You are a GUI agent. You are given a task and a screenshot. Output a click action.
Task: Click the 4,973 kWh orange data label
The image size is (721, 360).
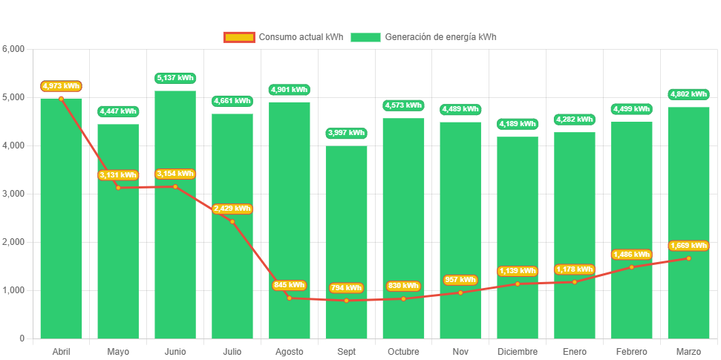[61, 86]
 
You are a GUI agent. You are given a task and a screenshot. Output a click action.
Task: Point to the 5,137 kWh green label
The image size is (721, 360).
[175, 78]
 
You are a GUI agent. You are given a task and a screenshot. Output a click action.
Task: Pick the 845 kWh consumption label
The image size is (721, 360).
[289, 285]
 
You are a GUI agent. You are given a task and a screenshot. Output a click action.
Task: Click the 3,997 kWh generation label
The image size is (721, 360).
[346, 133]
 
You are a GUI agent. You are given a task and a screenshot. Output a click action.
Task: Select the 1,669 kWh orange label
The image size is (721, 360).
[688, 246]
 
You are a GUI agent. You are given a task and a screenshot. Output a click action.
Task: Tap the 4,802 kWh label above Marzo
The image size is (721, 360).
[688, 94]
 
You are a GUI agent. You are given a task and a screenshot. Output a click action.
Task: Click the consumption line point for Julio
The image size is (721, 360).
[232, 221]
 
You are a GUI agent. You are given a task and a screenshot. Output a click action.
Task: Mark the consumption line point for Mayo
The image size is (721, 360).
[118, 187]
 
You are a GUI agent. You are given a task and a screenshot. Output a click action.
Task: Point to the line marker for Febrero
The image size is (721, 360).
[632, 267]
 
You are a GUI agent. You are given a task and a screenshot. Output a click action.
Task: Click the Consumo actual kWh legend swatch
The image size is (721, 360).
[239, 37]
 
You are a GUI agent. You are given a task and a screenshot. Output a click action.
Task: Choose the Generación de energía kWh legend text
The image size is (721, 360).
[441, 37]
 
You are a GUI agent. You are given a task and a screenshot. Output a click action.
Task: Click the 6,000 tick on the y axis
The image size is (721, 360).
[14, 49]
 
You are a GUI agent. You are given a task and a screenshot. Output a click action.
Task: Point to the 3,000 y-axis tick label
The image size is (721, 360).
[14, 194]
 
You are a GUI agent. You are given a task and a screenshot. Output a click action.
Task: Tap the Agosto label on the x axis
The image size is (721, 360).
[289, 351]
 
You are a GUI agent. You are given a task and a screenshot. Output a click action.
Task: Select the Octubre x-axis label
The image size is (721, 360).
[403, 351]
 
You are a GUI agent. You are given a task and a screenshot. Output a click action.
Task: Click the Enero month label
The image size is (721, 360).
[574, 351]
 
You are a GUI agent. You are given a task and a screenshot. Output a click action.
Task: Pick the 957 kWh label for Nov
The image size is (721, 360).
[460, 280]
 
